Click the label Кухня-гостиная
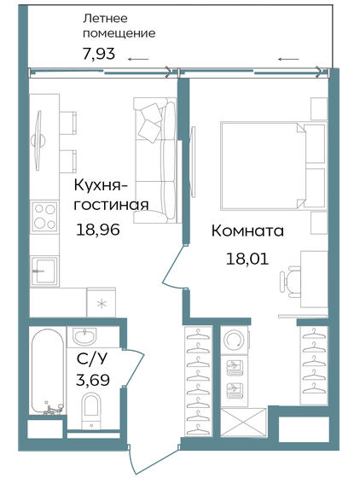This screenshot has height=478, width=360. [111, 195]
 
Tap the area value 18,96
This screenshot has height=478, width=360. [98, 228]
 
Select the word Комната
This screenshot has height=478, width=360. [247, 231]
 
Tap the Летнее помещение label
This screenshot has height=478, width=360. [119, 26]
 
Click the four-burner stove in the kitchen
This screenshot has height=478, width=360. [43, 216]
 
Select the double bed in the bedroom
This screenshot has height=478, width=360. [260, 166]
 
